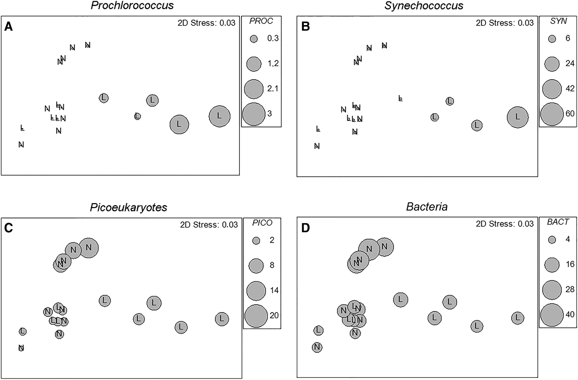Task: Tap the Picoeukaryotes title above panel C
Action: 128,207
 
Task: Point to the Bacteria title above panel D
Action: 427,207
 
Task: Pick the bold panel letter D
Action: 306,228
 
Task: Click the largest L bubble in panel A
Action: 220,116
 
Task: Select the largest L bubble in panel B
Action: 518,117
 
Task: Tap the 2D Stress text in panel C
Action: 208,225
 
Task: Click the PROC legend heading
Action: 261,21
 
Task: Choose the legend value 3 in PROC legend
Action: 270,113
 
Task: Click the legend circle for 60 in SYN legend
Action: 552,114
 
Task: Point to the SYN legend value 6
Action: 568,38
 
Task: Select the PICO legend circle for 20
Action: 256,316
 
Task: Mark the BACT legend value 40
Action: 570,314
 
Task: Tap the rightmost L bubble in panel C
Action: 222,319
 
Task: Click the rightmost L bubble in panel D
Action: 518,318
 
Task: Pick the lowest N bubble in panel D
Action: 317,347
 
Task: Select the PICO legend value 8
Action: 272,265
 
